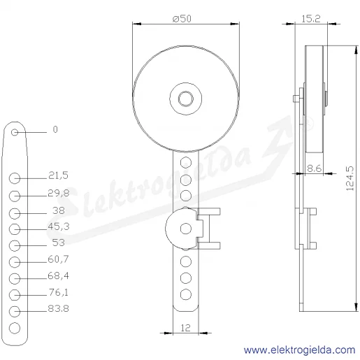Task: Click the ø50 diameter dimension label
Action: (182, 19)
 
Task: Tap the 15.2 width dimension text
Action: (311, 19)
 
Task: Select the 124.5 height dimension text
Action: (350, 178)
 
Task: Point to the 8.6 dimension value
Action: (315, 168)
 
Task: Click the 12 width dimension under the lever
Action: (185, 328)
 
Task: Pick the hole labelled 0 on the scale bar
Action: (15, 132)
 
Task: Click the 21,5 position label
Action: (58, 175)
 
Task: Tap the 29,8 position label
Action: (59, 193)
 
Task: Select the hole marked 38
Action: (15, 213)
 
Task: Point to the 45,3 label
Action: (59, 226)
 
